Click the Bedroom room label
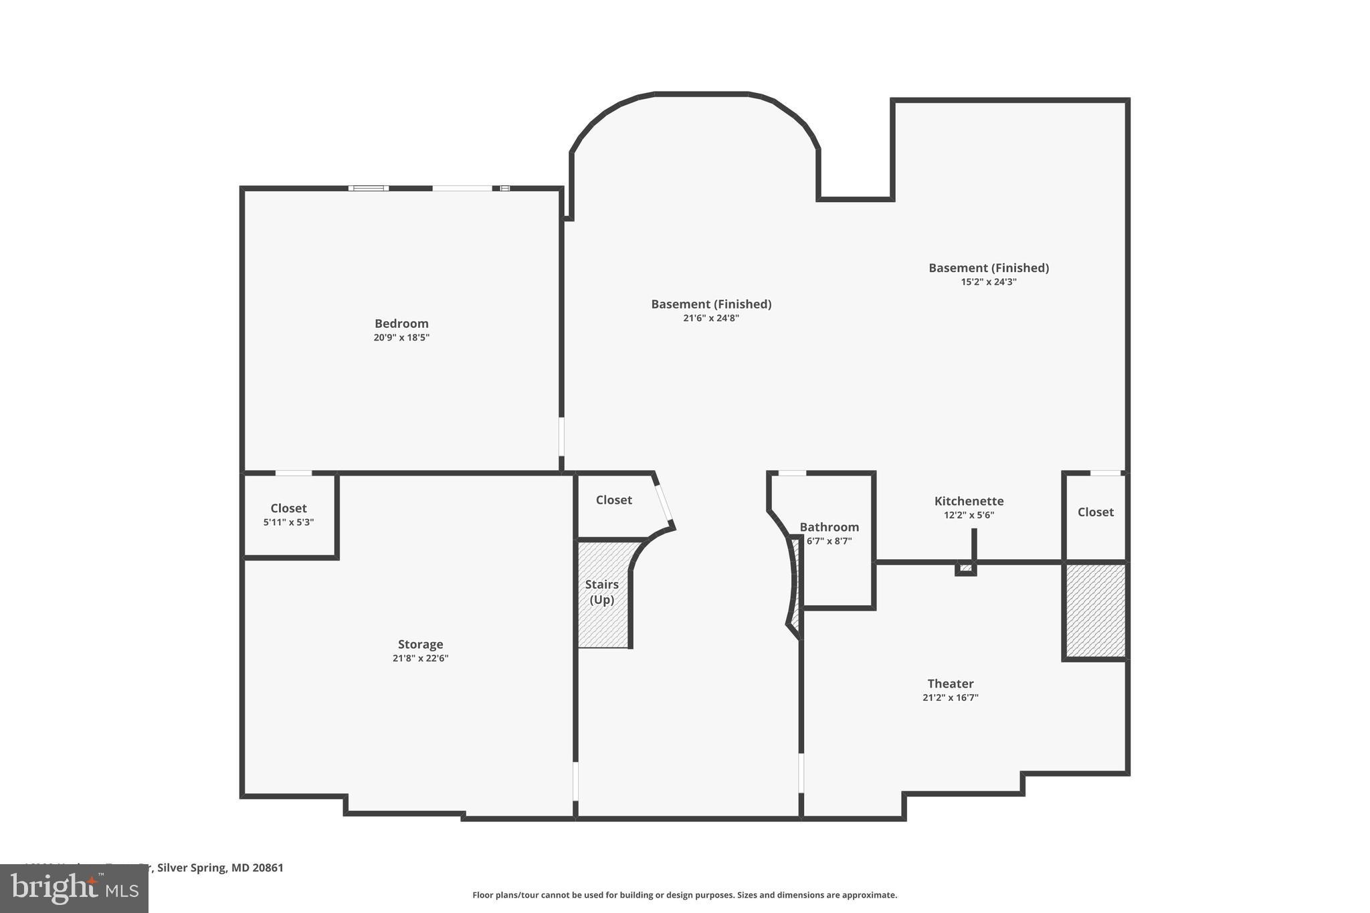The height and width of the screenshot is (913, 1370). (401, 324)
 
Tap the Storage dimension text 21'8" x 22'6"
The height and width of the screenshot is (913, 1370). (420, 658)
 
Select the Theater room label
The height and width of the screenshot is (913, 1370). (950, 684)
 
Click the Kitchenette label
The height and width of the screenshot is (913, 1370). (969, 501)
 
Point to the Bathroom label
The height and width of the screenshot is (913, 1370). (829, 527)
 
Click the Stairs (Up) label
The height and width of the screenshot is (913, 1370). (602, 592)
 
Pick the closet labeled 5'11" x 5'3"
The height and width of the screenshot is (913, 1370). (288, 514)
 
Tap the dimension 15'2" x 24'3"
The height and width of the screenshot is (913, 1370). (989, 282)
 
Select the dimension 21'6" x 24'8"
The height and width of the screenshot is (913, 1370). (711, 318)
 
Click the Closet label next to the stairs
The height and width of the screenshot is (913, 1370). (614, 500)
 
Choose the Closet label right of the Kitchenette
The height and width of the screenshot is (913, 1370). (1096, 512)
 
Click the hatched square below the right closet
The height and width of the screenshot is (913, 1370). (1095, 611)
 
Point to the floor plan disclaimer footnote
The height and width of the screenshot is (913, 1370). (684, 895)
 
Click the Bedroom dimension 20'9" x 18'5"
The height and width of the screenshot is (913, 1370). (401, 338)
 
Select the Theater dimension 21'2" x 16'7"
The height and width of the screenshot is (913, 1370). (950, 698)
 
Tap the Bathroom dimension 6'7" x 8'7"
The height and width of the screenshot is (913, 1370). (829, 541)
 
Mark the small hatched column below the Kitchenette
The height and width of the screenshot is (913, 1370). (965, 569)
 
